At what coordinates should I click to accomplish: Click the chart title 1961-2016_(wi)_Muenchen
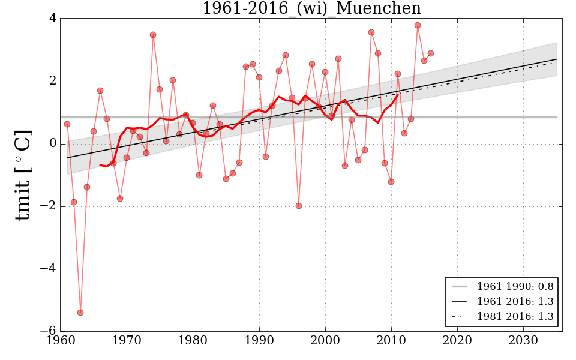[x=311, y=9]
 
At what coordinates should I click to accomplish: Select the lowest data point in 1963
[x=80, y=313]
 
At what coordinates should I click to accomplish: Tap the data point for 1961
[x=67, y=124]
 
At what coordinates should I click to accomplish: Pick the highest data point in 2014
[x=418, y=25]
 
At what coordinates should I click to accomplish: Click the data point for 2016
[x=431, y=53]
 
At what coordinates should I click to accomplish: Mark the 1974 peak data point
[x=153, y=35]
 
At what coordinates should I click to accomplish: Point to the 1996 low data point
[x=299, y=206]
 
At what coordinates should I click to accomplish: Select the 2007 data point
[x=371, y=32]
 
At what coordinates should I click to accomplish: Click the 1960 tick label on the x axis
[x=61, y=341]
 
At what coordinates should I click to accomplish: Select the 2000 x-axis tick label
[x=325, y=341]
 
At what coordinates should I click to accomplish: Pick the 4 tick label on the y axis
[x=53, y=19]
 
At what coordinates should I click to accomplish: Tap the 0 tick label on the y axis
[x=53, y=144]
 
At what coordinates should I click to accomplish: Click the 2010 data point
[x=391, y=182]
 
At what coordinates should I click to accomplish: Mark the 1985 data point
[x=226, y=179]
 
